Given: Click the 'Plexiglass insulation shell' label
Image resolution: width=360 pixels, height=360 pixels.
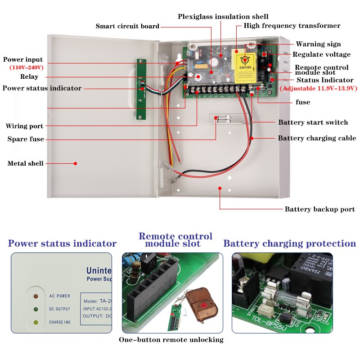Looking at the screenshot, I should click(x=223, y=17).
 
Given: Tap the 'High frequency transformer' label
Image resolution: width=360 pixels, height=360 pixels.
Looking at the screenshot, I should click(x=292, y=26).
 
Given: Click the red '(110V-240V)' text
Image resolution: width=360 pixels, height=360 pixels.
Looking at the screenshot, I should click(x=27, y=67).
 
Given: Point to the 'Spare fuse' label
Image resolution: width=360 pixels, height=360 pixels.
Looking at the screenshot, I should click(x=26, y=139).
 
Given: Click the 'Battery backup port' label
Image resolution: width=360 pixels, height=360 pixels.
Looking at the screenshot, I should click(x=319, y=209).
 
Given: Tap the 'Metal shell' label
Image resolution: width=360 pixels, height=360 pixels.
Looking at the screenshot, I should click(x=25, y=163).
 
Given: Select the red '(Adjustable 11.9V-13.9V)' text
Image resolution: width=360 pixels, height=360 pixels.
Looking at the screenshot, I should click(x=318, y=89).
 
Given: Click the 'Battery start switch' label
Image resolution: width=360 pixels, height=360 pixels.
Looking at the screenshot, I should click(x=313, y=122).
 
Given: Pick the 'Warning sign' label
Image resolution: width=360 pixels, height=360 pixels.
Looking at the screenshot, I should click(x=318, y=44).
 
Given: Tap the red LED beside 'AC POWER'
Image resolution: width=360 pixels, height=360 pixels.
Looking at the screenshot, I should click(x=36, y=296).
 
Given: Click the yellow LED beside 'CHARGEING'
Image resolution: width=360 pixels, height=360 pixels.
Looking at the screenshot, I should click(x=36, y=322).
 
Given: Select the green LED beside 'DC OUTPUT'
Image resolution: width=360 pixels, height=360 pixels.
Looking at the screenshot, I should click(x=36, y=309).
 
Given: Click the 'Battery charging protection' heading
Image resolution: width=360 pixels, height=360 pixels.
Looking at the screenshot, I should click(x=289, y=243).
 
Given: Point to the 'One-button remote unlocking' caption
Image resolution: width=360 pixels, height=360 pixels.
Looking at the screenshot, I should click(x=171, y=340).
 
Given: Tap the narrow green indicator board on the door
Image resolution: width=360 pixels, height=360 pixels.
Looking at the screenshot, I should click(x=140, y=89).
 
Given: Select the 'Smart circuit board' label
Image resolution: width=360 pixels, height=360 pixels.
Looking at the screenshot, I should click(x=127, y=26).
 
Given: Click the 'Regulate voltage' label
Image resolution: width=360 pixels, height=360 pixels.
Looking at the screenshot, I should click(x=321, y=54).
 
